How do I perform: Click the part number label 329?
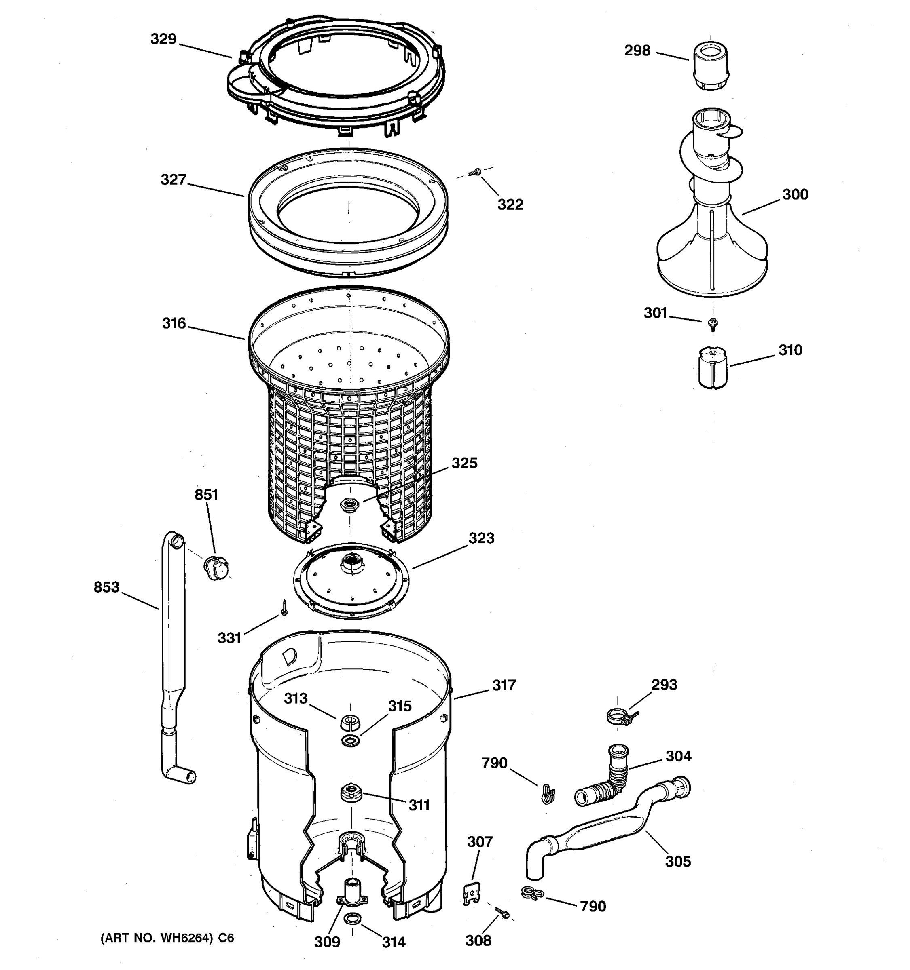pyautogui.click(x=163, y=38)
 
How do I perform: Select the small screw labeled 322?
pyautogui.click(x=474, y=172)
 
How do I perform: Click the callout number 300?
pyautogui.click(x=795, y=194)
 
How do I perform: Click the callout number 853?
pyautogui.click(x=106, y=586)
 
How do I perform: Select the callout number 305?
pyautogui.click(x=677, y=861)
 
